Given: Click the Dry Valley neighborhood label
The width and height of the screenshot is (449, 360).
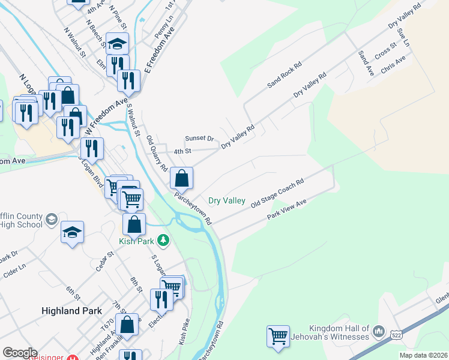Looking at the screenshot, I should pyautogui.click(x=226, y=200).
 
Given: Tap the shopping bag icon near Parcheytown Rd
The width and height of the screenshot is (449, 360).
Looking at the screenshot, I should pyautogui.click(x=181, y=178).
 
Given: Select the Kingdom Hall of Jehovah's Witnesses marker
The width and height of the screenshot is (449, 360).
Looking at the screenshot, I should pyautogui.click(x=378, y=332).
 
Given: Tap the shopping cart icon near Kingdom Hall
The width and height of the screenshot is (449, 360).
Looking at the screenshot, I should pyautogui.click(x=278, y=336).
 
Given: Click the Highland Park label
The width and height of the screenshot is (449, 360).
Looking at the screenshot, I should pyautogui.click(x=71, y=311).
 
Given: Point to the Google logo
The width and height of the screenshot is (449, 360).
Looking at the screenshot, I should pyautogui.click(x=19, y=352).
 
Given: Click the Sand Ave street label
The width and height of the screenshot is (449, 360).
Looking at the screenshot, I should pyautogui.click(x=366, y=63).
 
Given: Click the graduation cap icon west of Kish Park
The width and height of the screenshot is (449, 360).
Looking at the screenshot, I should pyautogui.click(x=72, y=232).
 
